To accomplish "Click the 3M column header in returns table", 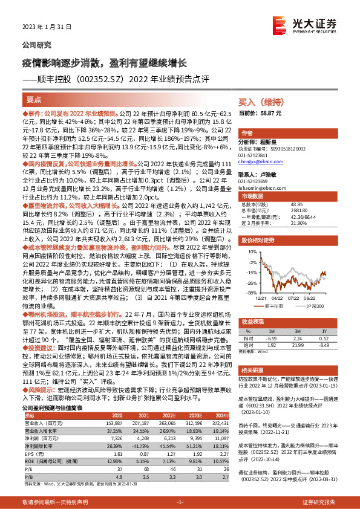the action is (x=297, y=331).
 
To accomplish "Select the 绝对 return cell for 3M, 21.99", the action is (x=297, y=345).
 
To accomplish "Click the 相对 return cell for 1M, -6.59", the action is (x=271, y=338).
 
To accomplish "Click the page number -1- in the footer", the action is (x=180, y=502).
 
